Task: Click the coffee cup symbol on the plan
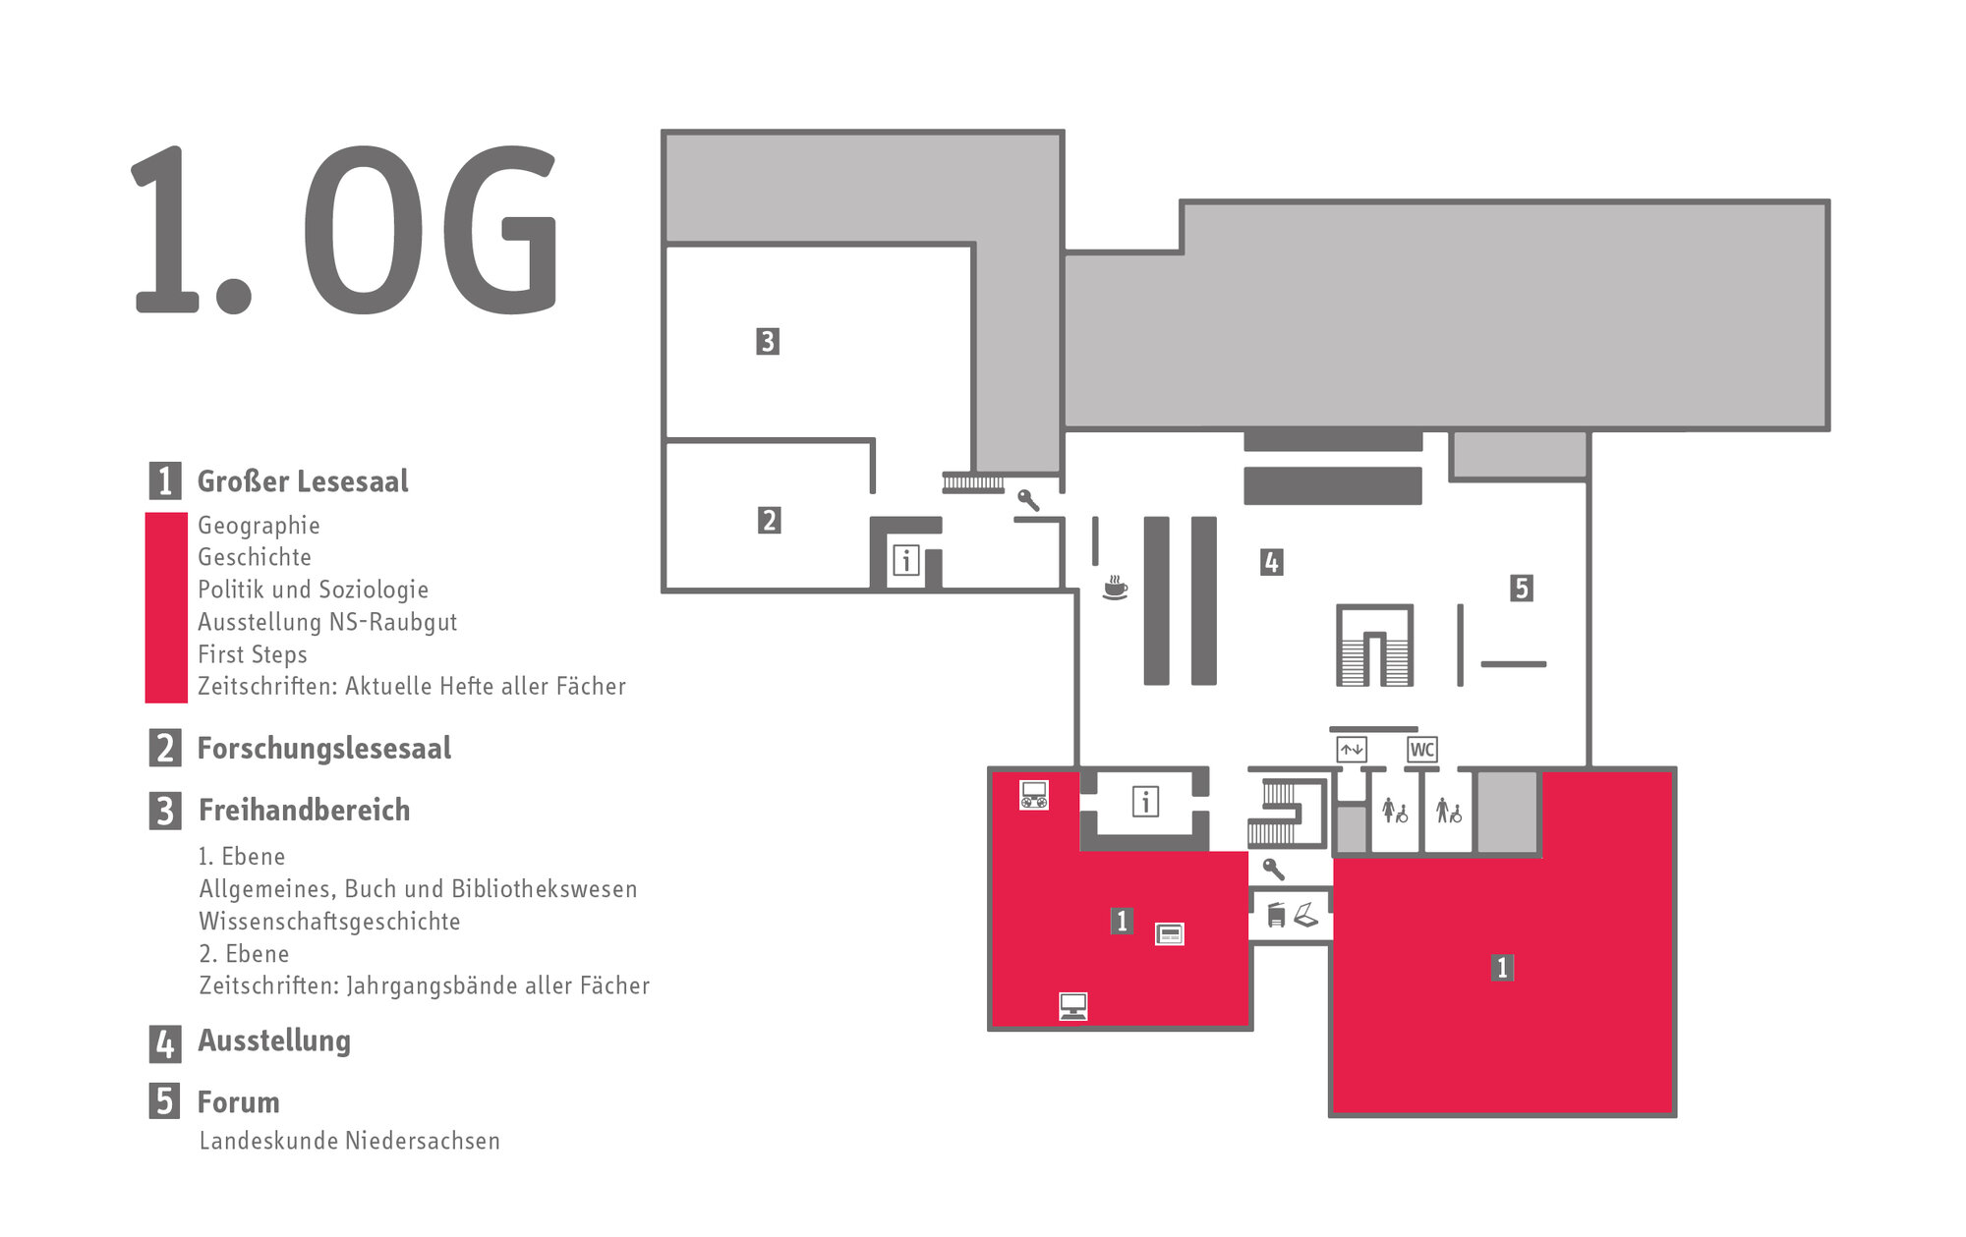1114,588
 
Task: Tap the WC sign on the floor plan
1421,750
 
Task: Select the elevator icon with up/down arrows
1352,750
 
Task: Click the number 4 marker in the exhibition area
1271,562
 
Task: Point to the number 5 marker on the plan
1521,588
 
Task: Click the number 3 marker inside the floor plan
768,341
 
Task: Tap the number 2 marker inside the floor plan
769,520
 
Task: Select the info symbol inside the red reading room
1145,802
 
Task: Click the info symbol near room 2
905,561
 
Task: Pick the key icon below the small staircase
1273,869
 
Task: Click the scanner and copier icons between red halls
1291,915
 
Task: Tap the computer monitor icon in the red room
1072,1006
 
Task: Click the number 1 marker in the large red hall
1501,967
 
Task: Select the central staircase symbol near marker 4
1374,646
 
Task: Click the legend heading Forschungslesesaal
323,749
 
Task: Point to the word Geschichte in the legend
255,557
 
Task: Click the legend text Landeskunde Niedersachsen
349,1141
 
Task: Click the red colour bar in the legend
166,607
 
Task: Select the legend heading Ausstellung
274,1040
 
